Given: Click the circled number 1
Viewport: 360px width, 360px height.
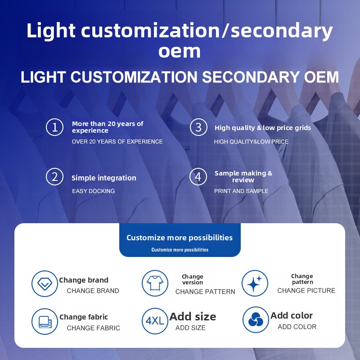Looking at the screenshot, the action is click(x=54, y=127).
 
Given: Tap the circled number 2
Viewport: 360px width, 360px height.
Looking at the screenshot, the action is click(x=54, y=177).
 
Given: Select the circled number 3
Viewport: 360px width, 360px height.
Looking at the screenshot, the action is click(x=198, y=127).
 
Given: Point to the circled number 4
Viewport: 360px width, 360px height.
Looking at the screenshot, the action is click(x=198, y=176).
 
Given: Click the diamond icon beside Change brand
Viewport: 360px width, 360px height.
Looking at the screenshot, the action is click(x=45, y=283).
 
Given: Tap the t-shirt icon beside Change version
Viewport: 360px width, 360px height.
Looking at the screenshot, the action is click(x=155, y=283).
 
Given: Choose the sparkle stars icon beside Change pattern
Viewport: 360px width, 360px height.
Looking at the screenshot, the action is click(x=255, y=283).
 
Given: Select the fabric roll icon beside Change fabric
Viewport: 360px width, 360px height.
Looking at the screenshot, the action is click(x=45, y=321).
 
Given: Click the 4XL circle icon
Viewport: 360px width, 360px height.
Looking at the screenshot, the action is click(x=155, y=321).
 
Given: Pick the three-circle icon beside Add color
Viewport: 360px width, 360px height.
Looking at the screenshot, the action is click(x=256, y=319).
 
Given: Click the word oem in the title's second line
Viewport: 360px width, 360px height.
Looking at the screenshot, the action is click(x=180, y=51).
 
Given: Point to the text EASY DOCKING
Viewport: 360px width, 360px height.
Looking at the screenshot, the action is click(x=94, y=191).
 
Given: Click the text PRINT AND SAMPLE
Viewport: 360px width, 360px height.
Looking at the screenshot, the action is click(x=241, y=191).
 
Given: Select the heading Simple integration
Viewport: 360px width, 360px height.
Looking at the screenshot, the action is click(x=104, y=178).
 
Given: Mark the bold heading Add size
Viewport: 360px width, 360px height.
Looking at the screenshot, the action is click(x=193, y=317).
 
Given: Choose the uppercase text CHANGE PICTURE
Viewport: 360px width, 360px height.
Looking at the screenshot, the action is click(x=306, y=291).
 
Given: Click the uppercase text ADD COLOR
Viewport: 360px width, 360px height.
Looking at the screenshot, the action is click(x=297, y=327).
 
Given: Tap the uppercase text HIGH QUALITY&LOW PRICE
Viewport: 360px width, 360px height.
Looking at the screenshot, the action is click(x=251, y=142).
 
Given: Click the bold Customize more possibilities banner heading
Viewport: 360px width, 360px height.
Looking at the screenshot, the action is click(x=180, y=238).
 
